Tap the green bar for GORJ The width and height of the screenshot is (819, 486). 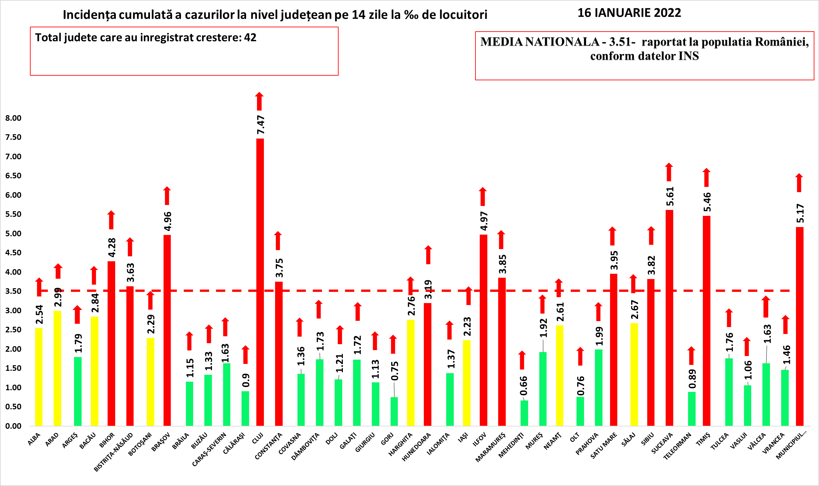pyautogui.click(x=394, y=411)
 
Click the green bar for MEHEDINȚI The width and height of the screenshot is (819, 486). pyautogui.click(x=524, y=413)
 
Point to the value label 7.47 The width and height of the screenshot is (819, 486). pyautogui.click(x=261, y=125)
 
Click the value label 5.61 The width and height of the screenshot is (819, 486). pyautogui.click(x=670, y=196)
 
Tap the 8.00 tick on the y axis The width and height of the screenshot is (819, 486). pyautogui.click(x=13, y=118)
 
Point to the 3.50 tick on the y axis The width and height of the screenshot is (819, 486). pyautogui.click(x=13, y=291)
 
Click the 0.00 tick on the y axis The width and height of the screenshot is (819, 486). pyautogui.click(x=13, y=426)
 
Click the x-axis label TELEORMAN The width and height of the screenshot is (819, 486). pyautogui.click(x=677, y=446)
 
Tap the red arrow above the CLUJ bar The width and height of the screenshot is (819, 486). pyautogui.click(x=259, y=101)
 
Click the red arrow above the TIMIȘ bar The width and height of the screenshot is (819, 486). pyautogui.click(x=706, y=177)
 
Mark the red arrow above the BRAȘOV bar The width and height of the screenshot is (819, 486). pyautogui.click(x=167, y=196)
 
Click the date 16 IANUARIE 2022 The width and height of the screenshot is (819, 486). pyautogui.click(x=629, y=13)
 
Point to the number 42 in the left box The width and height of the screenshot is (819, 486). pyautogui.click(x=250, y=38)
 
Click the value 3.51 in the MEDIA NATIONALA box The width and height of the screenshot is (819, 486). pyautogui.click(x=620, y=42)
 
